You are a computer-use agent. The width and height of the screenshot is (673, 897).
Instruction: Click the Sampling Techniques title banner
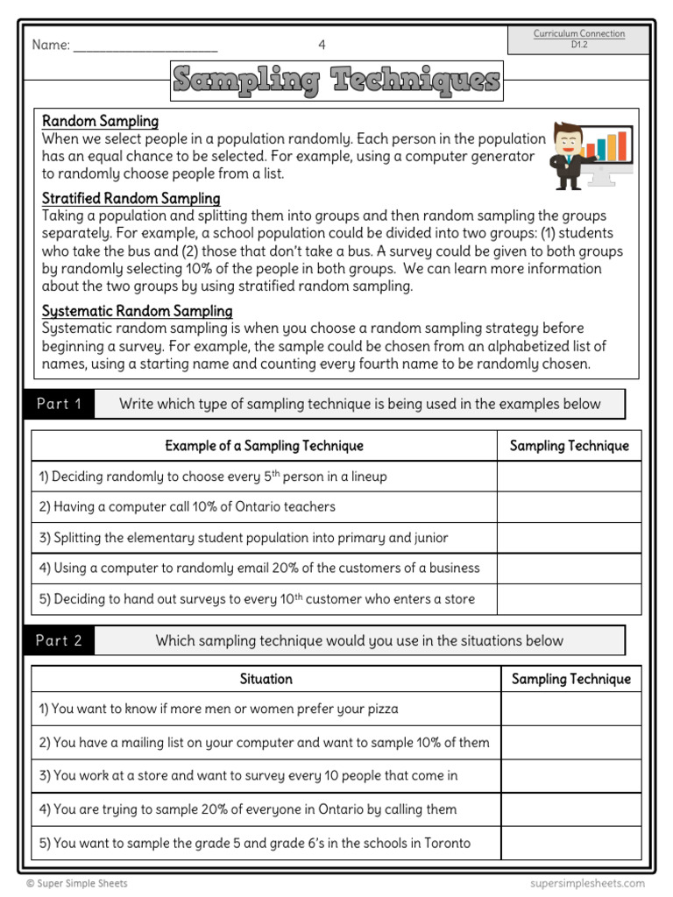click(x=336, y=81)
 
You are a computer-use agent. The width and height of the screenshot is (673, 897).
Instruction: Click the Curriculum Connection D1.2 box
click(x=578, y=39)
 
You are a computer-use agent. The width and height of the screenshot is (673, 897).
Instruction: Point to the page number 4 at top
click(x=322, y=45)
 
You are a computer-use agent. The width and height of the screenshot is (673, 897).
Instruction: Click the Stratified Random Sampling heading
click(x=131, y=199)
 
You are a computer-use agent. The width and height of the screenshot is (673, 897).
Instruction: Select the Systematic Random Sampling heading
click(x=137, y=311)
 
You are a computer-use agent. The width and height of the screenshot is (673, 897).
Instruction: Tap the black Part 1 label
click(x=59, y=404)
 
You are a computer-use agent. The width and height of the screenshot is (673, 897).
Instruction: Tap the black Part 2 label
click(x=59, y=640)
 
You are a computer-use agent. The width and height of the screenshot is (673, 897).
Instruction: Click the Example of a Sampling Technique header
click(x=264, y=446)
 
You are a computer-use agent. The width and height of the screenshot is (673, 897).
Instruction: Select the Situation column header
click(x=266, y=679)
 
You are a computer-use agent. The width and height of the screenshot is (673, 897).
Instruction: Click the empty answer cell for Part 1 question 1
click(x=569, y=477)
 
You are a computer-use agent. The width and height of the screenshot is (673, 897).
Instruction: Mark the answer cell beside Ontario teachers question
click(x=569, y=507)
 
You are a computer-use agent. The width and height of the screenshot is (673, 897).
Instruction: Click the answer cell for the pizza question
click(x=570, y=710)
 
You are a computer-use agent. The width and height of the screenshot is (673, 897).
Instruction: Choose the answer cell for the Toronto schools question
click(x=570, y=844)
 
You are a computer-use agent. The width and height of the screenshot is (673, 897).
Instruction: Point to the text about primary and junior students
click(x=242, y=538)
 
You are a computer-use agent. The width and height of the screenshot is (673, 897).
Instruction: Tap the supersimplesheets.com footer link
click(x=587, y=884)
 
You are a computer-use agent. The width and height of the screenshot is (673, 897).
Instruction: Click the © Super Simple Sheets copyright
click(x=77, y=884)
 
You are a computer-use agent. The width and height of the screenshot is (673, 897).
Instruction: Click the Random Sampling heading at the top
click(x=100, y=122)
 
